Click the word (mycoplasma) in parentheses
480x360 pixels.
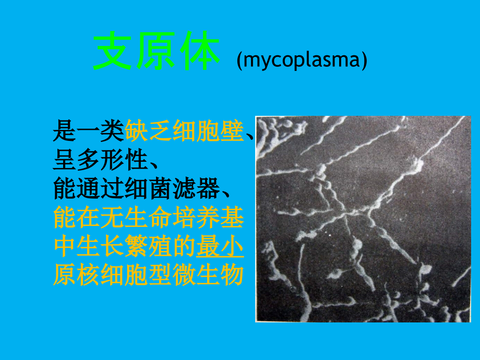point(302,61)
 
